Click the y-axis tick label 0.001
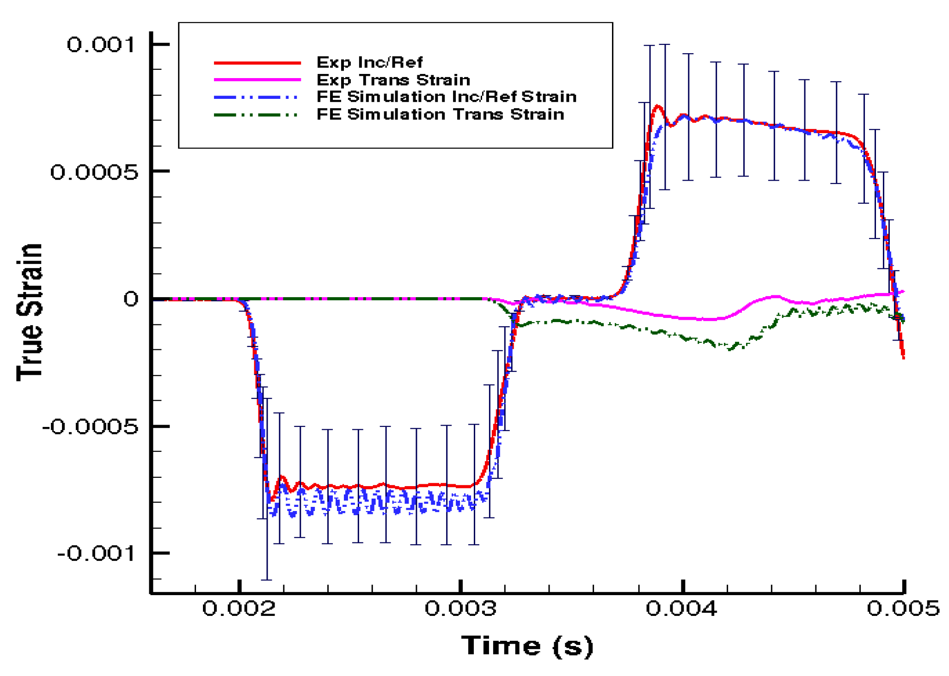(101, 45)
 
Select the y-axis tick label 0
(131, 299)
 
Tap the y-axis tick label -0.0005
(90, 426)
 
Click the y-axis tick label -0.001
(97, 553)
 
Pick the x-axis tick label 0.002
(239, 608)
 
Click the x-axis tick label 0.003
(460, 608)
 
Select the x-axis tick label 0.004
(682, 608)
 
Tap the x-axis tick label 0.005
(903, 608)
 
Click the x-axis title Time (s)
(527, 646)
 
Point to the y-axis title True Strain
(30, 312)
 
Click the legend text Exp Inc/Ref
(369, 62)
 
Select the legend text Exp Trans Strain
(393, 79)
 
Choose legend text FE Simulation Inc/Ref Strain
(447, 97)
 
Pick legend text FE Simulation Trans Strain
(440, 114)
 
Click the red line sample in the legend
(257, 62)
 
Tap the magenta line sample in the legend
(257, 80)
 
